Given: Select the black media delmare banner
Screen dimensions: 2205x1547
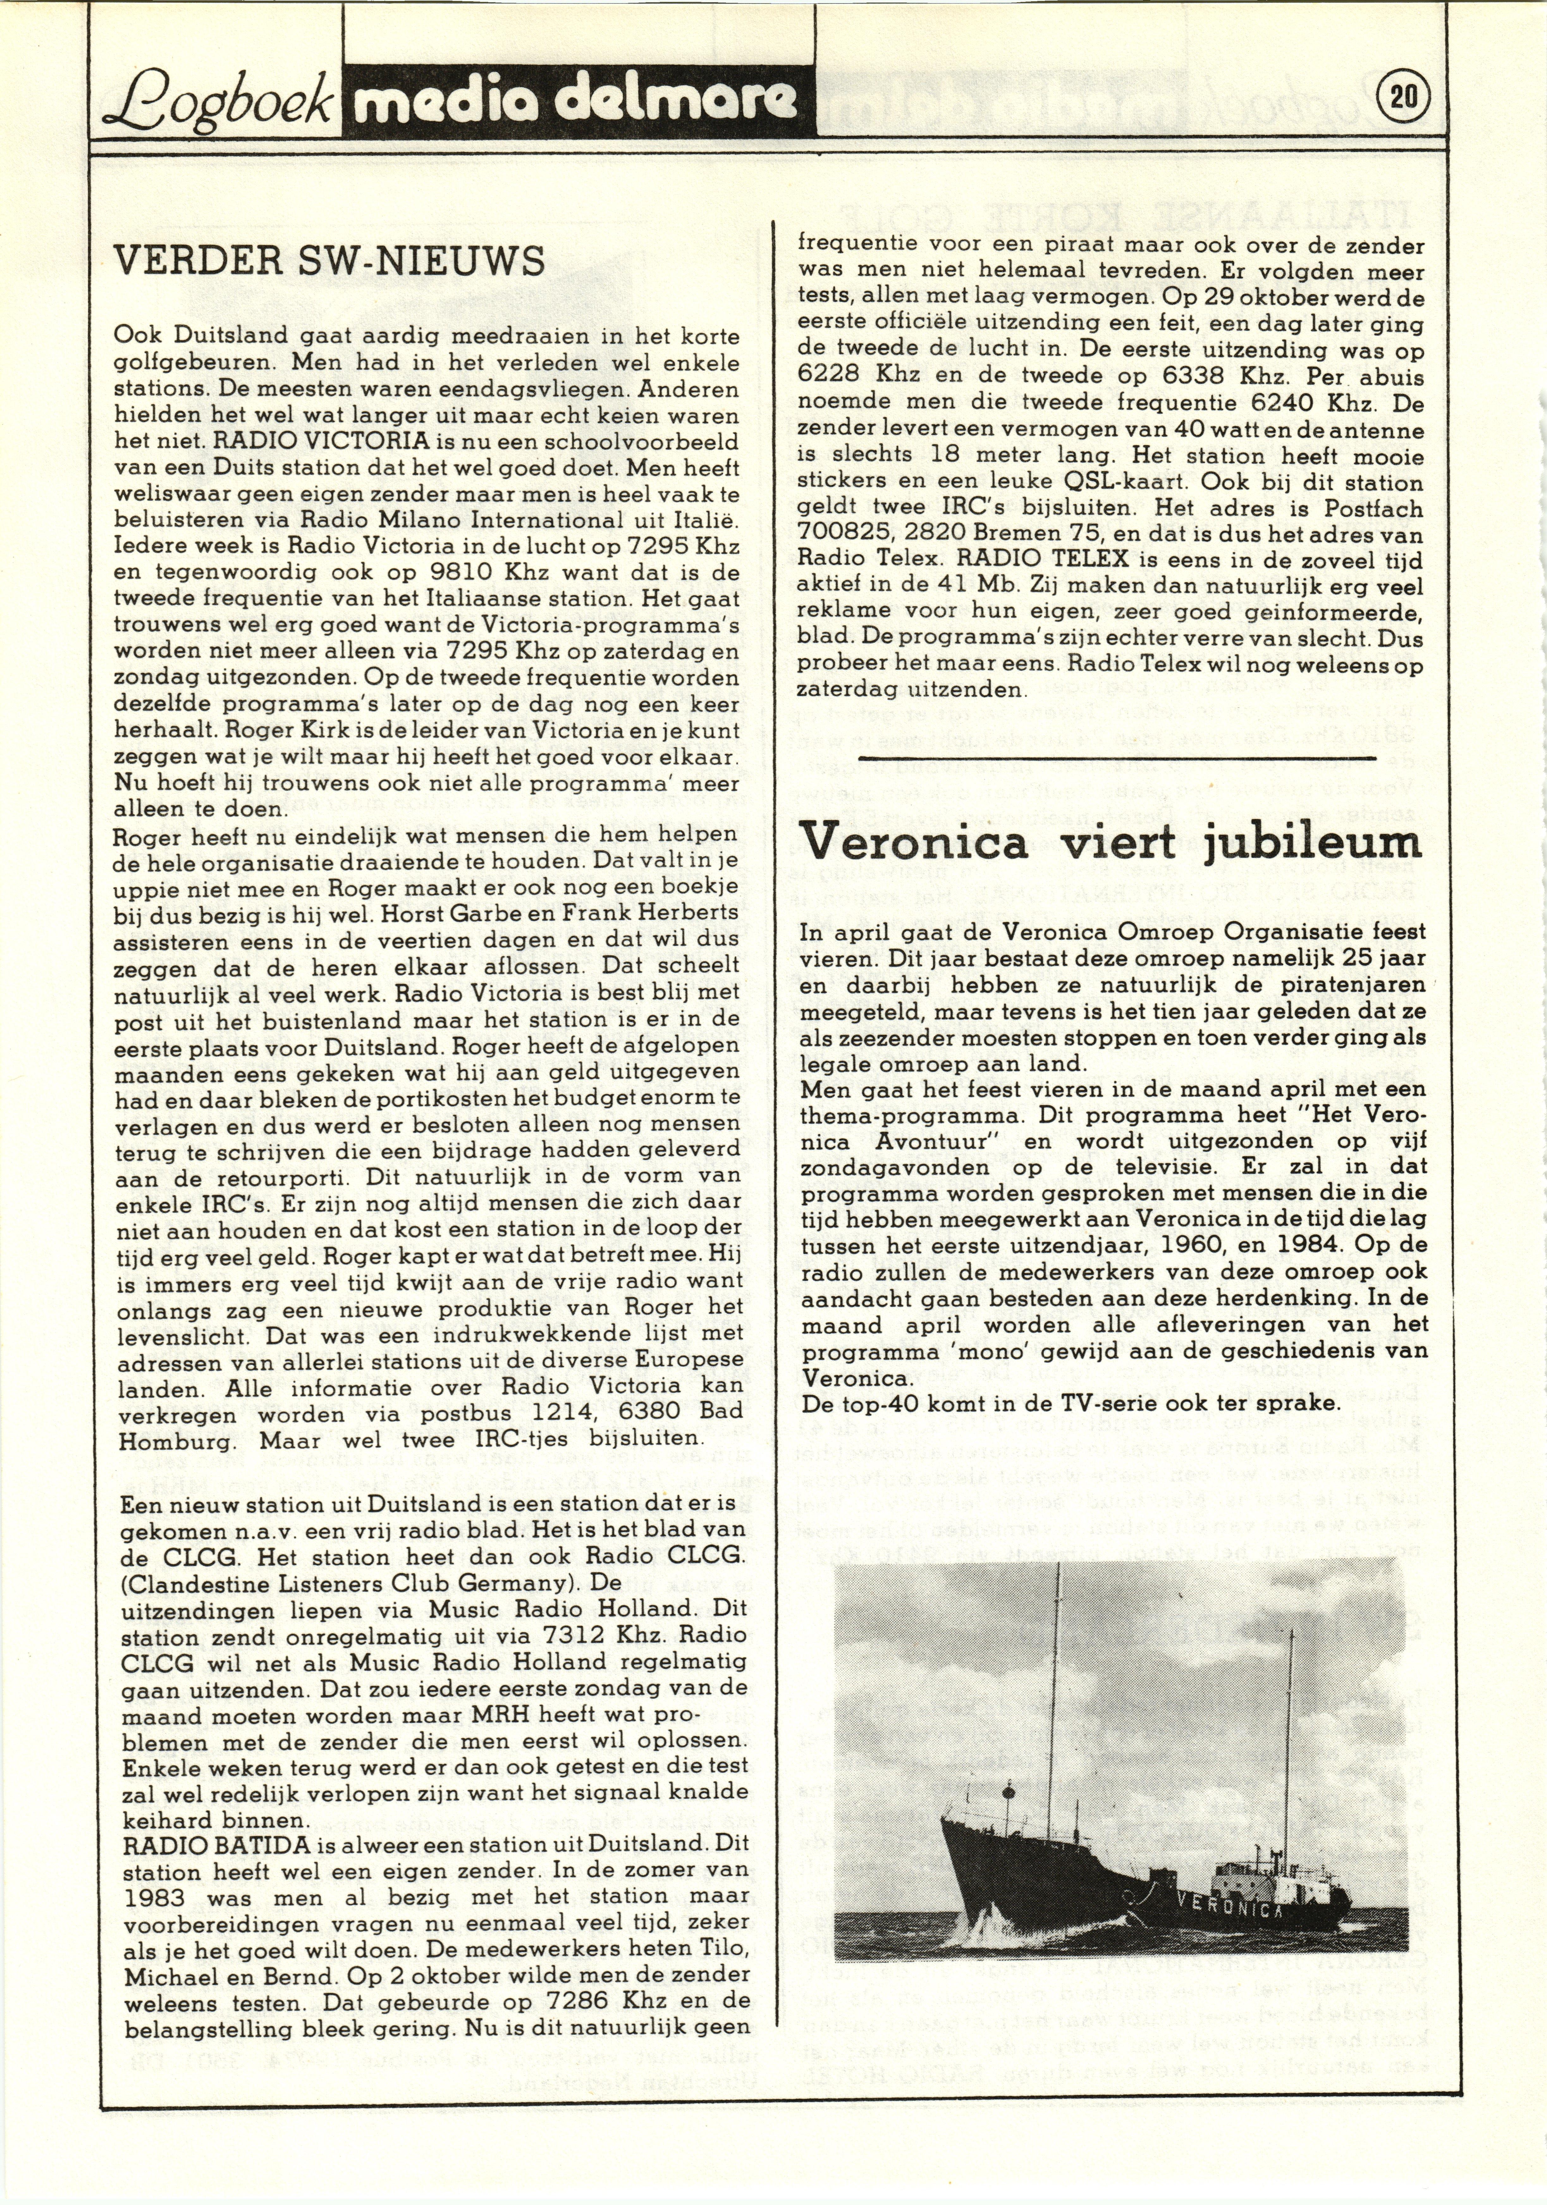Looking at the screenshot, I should [576, 101].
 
